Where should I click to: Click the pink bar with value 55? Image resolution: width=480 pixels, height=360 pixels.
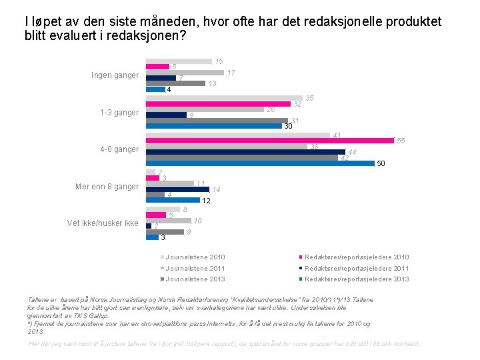[270, 141]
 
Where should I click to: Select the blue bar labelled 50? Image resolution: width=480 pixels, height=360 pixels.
[260, 163]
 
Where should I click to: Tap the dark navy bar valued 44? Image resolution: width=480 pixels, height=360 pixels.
[246, 152]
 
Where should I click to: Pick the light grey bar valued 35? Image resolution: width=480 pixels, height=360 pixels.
[224, 98]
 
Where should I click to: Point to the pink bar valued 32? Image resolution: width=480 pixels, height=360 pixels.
[218, 104]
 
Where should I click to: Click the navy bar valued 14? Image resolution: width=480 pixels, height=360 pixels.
[177, 189]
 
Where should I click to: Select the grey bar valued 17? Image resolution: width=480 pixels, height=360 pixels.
[185, 72]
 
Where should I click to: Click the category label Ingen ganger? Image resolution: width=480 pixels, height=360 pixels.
[115, 75]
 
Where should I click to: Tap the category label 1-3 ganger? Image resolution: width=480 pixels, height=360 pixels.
[119, 113]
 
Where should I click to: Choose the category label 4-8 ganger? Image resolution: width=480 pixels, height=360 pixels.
[119, 149]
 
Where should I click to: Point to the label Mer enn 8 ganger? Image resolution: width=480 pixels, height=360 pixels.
[108, 187]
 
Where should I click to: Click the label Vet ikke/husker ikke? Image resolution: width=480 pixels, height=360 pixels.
[103, 223]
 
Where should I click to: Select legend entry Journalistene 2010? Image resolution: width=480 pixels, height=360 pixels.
[195, 257]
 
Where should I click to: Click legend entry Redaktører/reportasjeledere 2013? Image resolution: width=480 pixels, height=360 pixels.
[357, 279]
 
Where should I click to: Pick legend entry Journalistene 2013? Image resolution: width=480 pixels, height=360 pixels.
[195, 279]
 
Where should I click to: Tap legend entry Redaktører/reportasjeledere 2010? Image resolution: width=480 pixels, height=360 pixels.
[357, 257]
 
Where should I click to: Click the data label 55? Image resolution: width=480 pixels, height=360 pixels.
[401, 141]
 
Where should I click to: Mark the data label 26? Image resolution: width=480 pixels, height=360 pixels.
[271, 109]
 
